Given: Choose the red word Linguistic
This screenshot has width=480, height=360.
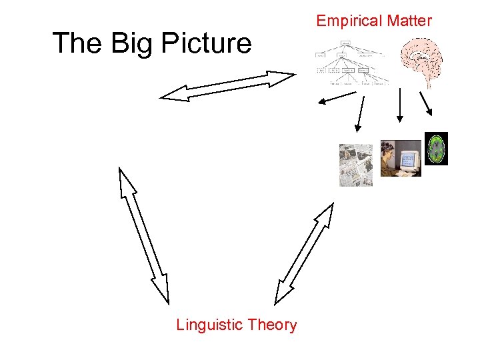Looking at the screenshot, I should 209,325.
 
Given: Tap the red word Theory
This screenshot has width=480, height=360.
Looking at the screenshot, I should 271,325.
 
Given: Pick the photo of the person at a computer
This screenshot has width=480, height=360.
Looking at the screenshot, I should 400,159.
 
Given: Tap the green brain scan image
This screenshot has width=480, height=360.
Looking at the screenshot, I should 436,149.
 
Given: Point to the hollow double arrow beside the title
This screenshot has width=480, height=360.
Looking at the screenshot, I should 227,86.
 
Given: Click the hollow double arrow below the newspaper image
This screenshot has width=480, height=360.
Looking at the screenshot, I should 304,253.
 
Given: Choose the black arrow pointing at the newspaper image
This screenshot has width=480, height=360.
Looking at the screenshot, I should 361,113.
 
